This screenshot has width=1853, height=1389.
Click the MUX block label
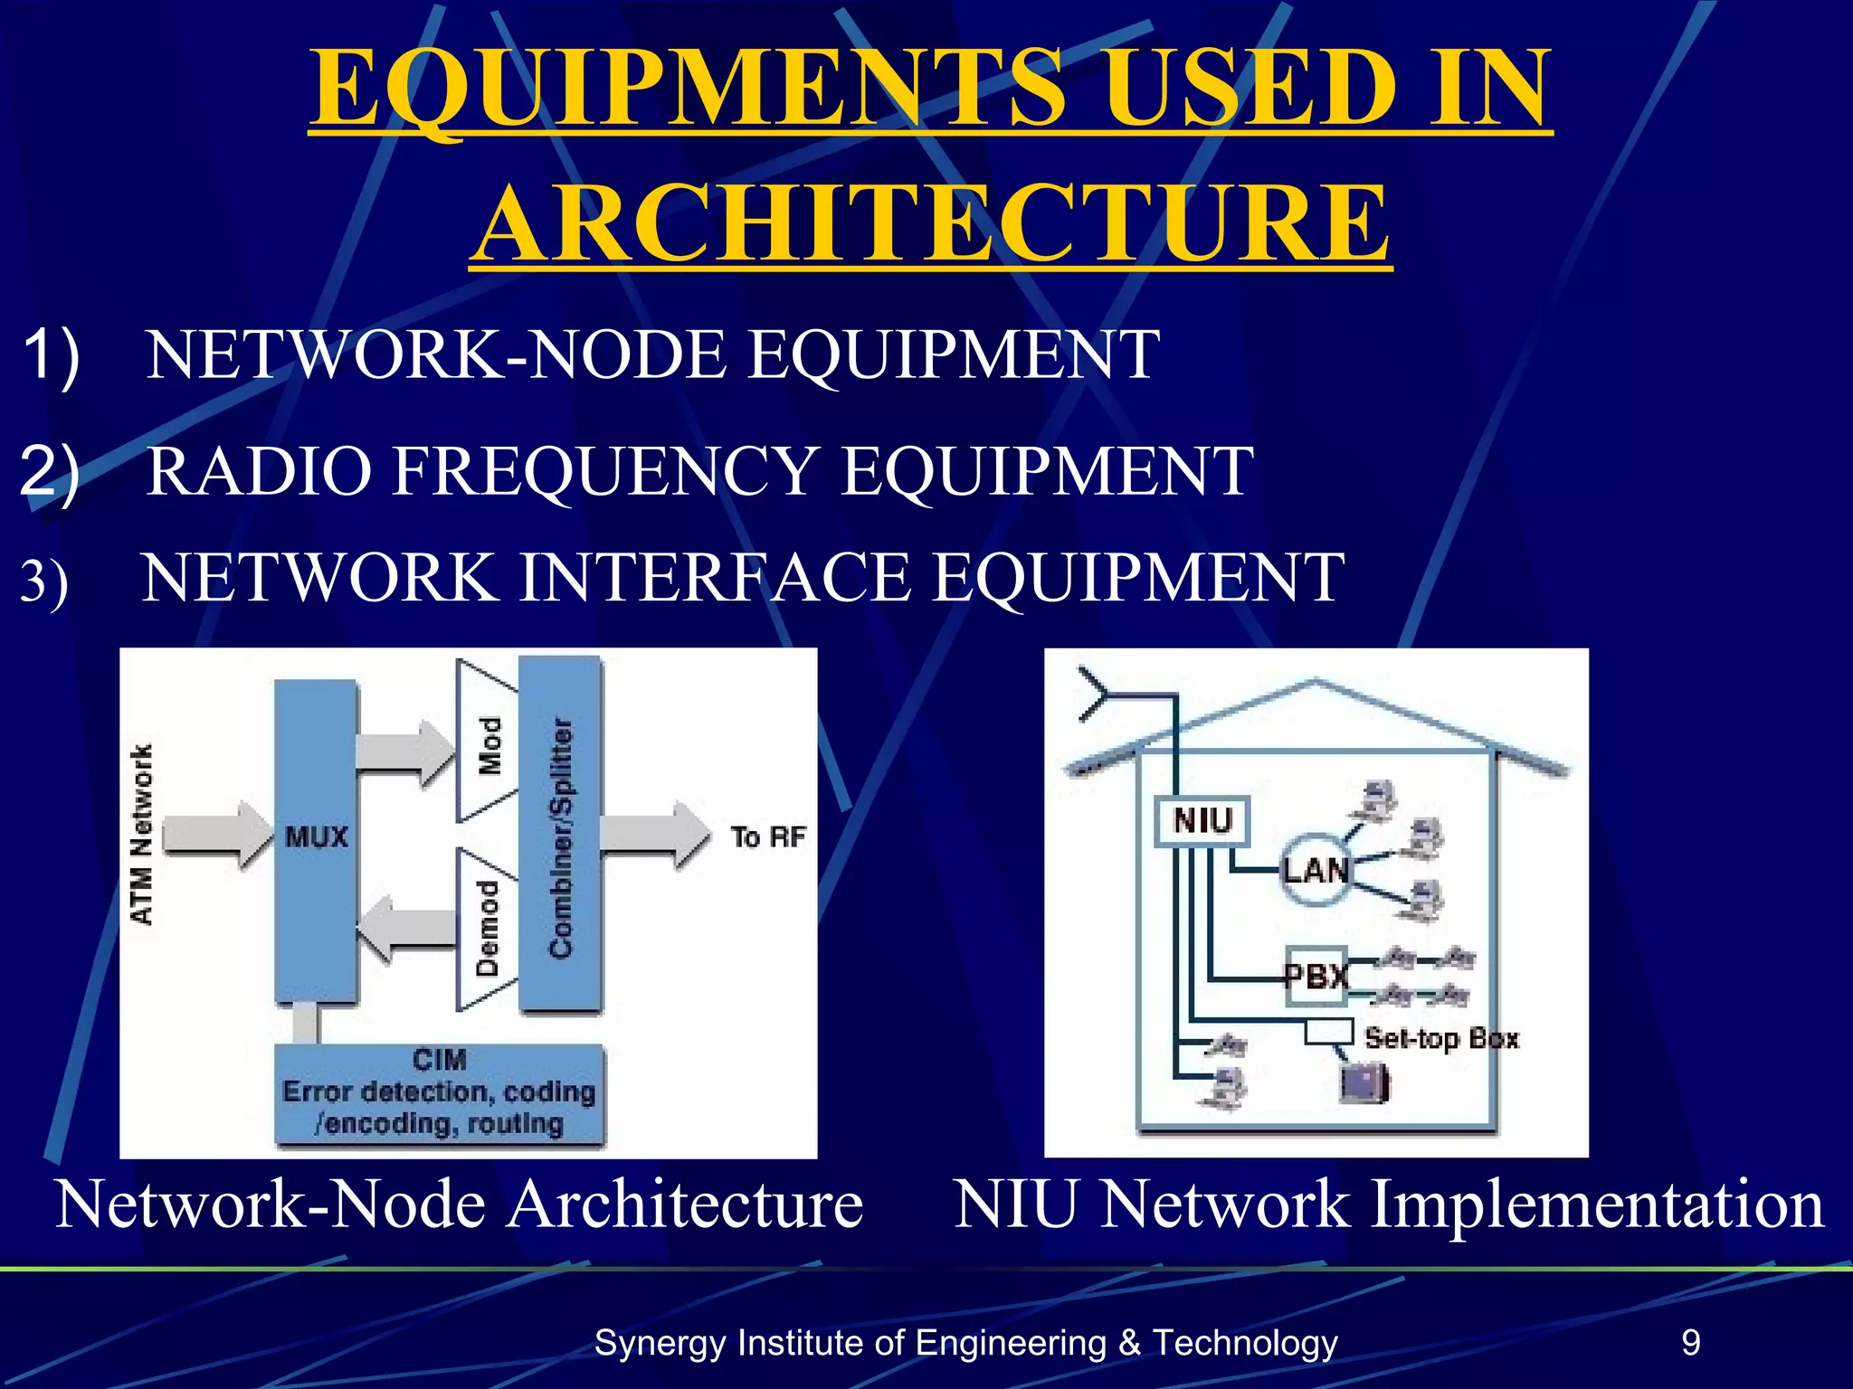coord(316,836)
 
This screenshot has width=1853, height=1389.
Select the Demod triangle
coord(485,929)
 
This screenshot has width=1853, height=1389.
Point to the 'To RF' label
coord(768,836)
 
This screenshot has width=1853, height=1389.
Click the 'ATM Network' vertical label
coord(142,834)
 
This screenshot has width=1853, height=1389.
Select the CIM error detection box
coord(440,1094)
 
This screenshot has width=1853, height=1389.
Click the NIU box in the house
coord(1202,821)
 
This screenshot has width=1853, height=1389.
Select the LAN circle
coord(1316,870)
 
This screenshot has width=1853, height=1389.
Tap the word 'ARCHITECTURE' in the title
coord(931,223)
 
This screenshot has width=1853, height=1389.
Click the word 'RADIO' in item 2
coord(259,471)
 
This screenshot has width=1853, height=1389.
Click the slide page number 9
coord(1691,1342)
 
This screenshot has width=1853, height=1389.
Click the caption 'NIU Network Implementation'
coord(1388,1205)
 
